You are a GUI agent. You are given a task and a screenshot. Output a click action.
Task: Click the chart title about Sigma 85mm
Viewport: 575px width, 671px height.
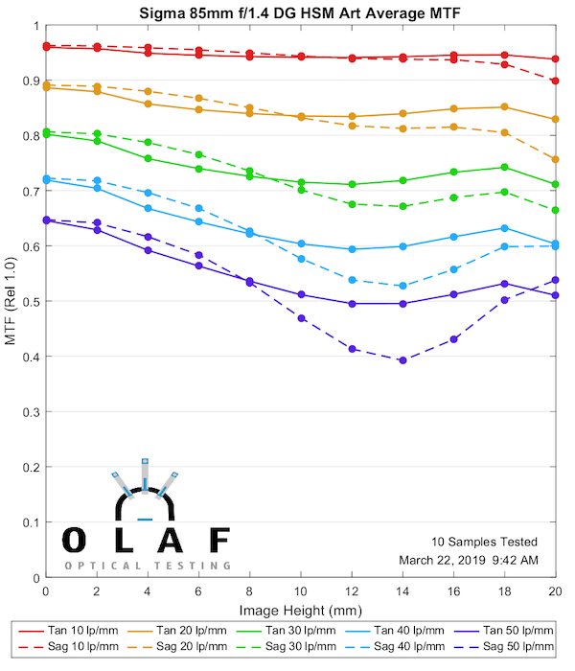pyautogui.click(x=300, y=12)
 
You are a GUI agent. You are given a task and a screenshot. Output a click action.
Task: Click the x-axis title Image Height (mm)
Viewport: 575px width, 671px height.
pyautogui.click(x=300, y=611)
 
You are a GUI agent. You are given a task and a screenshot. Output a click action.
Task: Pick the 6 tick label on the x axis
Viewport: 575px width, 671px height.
pyautogui.click(x=198, y=594)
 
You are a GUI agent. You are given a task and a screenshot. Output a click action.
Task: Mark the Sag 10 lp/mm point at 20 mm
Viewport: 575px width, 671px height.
pyautogui.click(x=556, y=81)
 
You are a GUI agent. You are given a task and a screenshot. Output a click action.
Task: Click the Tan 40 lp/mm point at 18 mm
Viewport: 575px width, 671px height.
pyautogui.click(x=505, y=228)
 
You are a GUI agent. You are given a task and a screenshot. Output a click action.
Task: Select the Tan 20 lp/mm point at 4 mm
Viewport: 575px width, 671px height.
pyautogui.click(x=148, y=104)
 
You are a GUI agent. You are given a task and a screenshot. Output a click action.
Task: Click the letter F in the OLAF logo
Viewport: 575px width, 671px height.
pyautogui.click(x=219, y=540)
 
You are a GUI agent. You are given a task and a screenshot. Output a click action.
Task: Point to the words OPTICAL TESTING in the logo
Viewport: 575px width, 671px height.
pyautogui.click(x=148, y=566)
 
